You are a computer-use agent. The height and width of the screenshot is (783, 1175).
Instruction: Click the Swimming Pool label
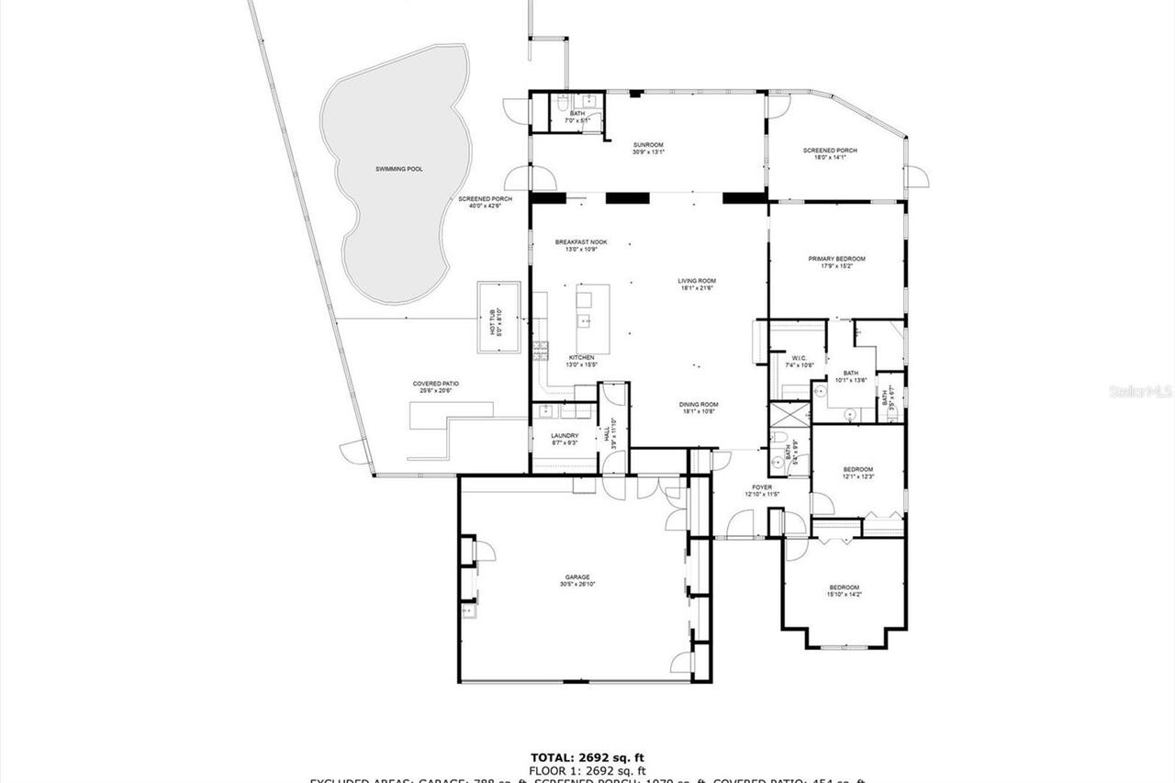point(399,169)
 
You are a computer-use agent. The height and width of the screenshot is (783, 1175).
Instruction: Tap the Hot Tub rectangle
point(498,318)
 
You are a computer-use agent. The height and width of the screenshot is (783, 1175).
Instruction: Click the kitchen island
point(592,307)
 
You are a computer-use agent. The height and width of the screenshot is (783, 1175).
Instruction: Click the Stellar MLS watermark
point(1141,391)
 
